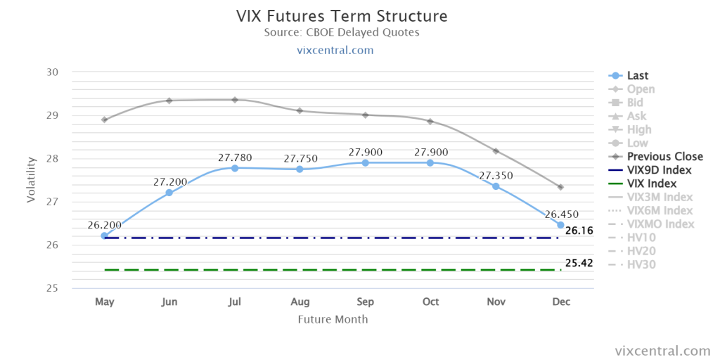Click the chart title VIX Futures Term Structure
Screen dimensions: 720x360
click(x=342, y=16)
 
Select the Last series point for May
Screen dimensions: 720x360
click(x=105, y=236)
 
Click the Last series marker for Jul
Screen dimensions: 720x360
click(x=235, y=168)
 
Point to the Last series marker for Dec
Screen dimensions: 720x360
click(x=560, y=224)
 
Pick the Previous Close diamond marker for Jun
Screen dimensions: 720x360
click(x=169, y=101)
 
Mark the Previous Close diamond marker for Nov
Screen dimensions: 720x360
click(x=496, y=151)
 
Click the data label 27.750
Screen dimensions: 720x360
click(x=300, y=158)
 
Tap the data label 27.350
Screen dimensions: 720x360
click(x=496, y=175)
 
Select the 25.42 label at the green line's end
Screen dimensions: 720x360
click(x=579, y=263)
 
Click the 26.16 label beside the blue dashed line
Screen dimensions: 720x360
click(x=579, y=231)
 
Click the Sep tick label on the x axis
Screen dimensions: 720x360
click(x=365, y=302)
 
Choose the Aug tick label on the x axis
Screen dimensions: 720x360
click(x=300, y=302)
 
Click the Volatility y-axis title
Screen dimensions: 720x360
click(x=31, y=180)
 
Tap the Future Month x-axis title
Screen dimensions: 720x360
click(x=333, y=319)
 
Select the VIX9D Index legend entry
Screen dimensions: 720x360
click(x=650, y=170)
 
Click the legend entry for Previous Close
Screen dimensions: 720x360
click(x=655, y=157)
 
